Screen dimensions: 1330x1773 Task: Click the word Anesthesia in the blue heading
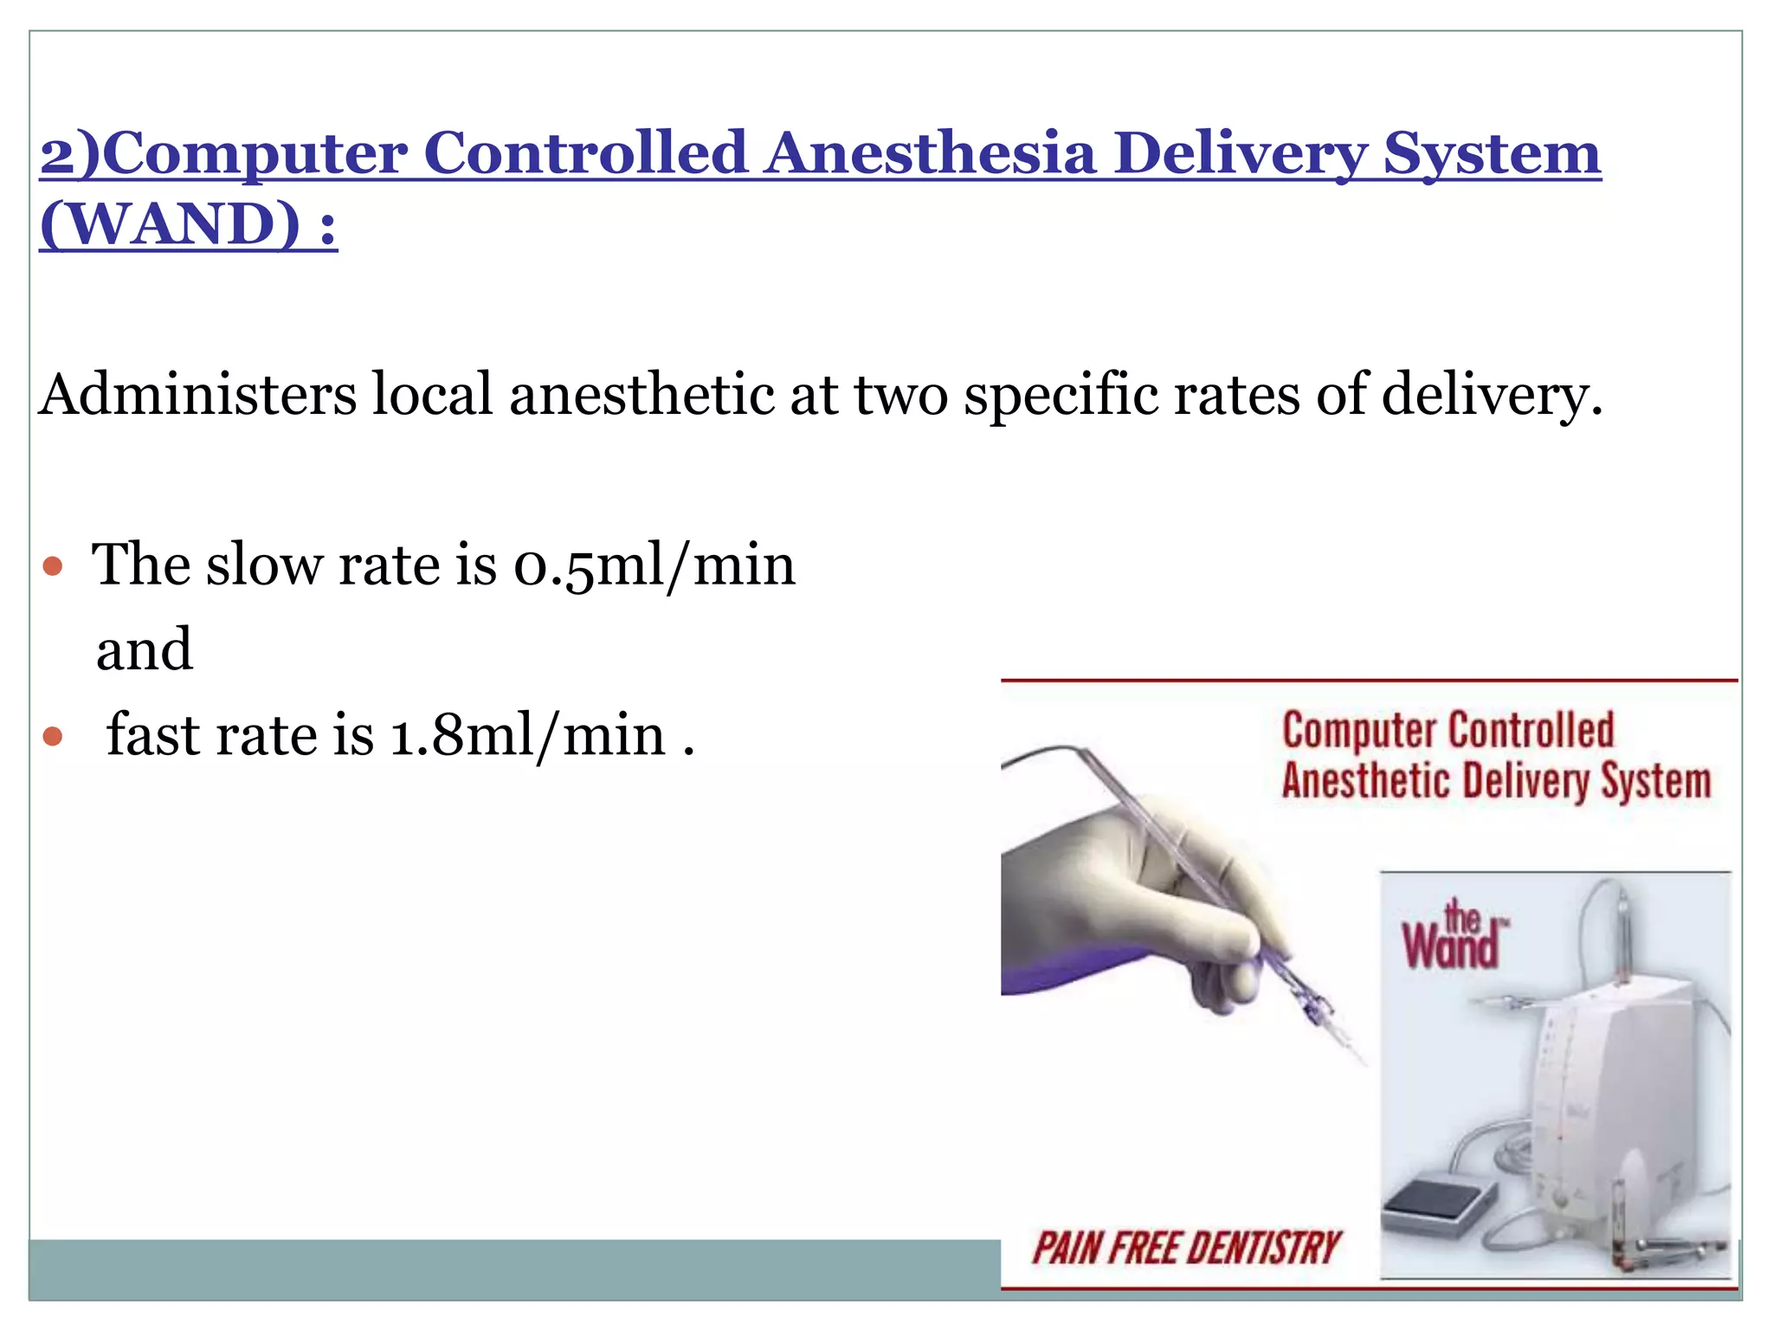(x=930, y=153)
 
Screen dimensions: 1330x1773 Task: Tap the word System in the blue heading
(x=1491, y=153)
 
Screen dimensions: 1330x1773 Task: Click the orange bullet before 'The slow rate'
(x=54, y=567)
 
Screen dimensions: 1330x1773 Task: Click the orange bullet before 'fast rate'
(x=54, y=737)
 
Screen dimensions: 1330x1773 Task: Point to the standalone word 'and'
(x=144, y=649)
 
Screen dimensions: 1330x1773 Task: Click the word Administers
(x=197, y=394)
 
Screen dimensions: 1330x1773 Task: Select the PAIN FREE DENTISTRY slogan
(x=1185, y=1248)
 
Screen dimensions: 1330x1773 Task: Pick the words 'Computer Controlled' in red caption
(x=1447, y=729)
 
